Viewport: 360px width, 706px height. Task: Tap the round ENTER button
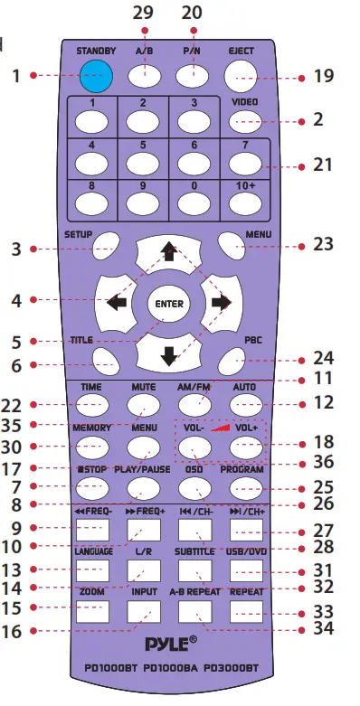click(x=166, y=303)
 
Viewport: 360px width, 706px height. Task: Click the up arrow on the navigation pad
click(x=166, y=251)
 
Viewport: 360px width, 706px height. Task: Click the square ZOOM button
click(x=91, y=611)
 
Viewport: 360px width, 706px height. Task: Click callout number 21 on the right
click(x=322, y=165)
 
